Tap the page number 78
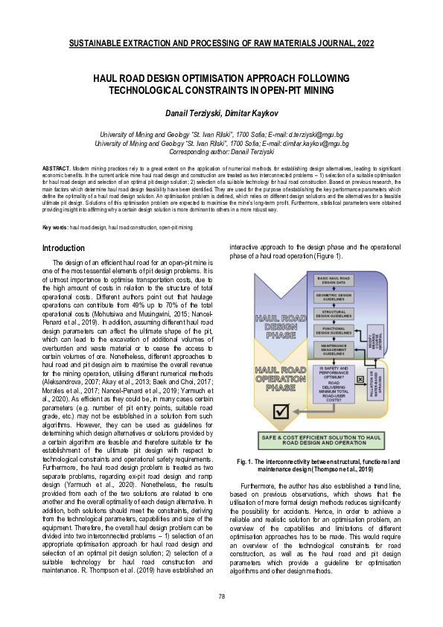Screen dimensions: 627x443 click(221, 596)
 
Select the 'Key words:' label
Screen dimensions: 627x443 click(55, 206)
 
